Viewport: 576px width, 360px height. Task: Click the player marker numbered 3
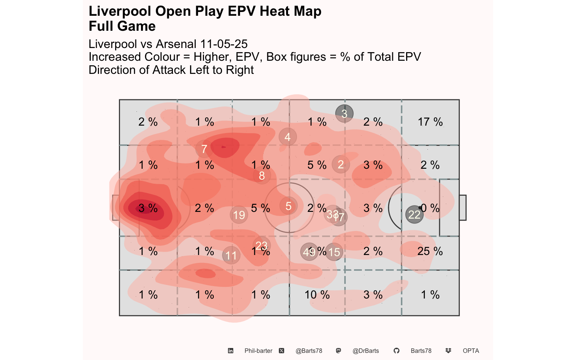[344, 113]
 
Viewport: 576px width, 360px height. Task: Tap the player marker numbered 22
[414, 214]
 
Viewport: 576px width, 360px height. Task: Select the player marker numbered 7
[204, 149]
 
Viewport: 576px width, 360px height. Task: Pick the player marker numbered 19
[239, 215]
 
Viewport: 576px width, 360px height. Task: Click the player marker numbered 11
[231, 255]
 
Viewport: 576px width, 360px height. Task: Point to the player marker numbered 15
[334, 252]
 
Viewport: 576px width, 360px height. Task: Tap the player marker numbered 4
[288, 137]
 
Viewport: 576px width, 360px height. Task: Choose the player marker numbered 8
[262, 175]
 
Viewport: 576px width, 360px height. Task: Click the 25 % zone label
[430, 251]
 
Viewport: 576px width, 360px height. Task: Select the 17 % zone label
[430, 122]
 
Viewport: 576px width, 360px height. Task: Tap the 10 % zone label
[317, 295]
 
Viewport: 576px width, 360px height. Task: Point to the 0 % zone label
[430, 208]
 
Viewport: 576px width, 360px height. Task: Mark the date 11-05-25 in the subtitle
[224, 44]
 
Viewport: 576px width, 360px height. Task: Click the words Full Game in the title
[122, 26]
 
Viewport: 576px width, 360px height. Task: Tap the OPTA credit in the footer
[471, 351]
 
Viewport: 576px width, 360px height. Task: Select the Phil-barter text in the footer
[258, 351]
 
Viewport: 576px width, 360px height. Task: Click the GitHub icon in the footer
[396, 351]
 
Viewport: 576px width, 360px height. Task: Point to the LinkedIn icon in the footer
[231, 351]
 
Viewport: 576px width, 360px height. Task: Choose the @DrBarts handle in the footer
[366, 351]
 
